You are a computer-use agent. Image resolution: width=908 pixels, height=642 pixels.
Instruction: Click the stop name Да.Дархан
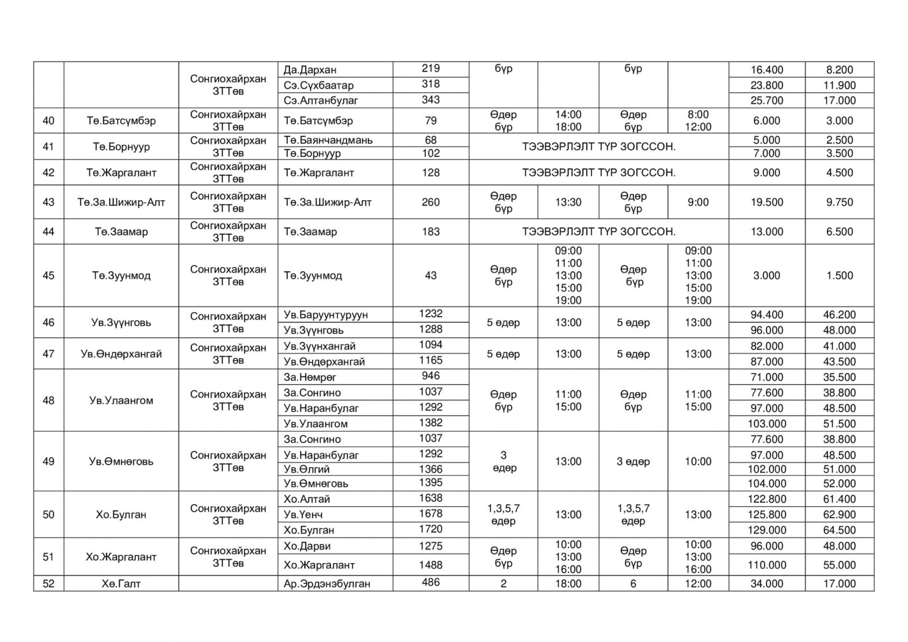pos(310,70)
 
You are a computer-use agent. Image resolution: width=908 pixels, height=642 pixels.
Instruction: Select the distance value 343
pos(431,100)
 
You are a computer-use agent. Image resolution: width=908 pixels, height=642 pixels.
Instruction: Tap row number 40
pos(49,121)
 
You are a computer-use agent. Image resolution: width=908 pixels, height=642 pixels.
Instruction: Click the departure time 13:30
pos(568,202)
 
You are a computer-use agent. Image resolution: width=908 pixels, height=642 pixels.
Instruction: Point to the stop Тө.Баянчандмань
pos(328,140)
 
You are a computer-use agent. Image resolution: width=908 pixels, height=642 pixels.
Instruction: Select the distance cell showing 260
pos(431,202)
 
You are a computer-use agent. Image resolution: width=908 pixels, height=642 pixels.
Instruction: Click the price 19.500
pos(767,202)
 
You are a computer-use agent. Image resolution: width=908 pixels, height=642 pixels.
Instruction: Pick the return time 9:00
pos(697,202)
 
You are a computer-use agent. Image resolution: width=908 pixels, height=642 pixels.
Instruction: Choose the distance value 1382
pos(431,423)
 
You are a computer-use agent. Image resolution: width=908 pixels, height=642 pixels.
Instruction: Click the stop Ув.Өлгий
pos(306,469)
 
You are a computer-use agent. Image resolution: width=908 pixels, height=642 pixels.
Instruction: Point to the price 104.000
pos(767,484)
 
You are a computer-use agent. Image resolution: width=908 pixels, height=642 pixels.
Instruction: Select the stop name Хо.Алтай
pos(306,500)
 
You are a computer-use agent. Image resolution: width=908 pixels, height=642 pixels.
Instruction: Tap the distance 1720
pos(431,529)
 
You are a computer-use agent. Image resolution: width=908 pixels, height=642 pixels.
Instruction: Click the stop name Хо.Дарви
pos(306,546)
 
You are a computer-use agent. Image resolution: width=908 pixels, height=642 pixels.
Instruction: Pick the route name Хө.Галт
pos(121,584)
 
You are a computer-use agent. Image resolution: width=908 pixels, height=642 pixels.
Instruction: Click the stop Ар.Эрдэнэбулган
pos(327,584)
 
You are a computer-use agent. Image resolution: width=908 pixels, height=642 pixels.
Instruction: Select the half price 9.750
pos(839,202)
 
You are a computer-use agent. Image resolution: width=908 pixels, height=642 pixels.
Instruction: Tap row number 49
pos(49,461)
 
